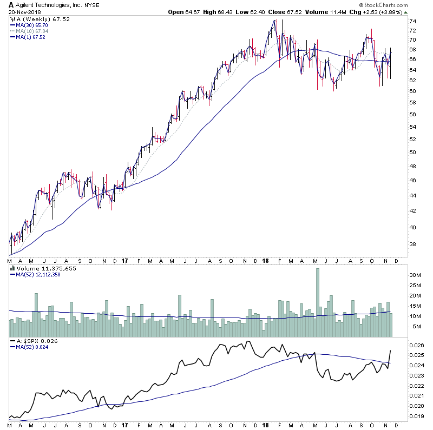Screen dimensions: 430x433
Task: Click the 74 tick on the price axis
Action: (412, 21)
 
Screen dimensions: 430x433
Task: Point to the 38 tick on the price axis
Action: (412, 244)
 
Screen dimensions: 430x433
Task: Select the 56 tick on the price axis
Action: (412, 115)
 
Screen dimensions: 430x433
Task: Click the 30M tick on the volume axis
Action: (414, 275)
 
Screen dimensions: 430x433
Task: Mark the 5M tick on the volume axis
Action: (413, 327)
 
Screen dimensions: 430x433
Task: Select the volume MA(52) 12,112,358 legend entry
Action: (38, 274)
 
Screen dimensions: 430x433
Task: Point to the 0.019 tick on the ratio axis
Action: (415, 416)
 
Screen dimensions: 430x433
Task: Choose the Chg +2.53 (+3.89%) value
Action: (383, 11)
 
